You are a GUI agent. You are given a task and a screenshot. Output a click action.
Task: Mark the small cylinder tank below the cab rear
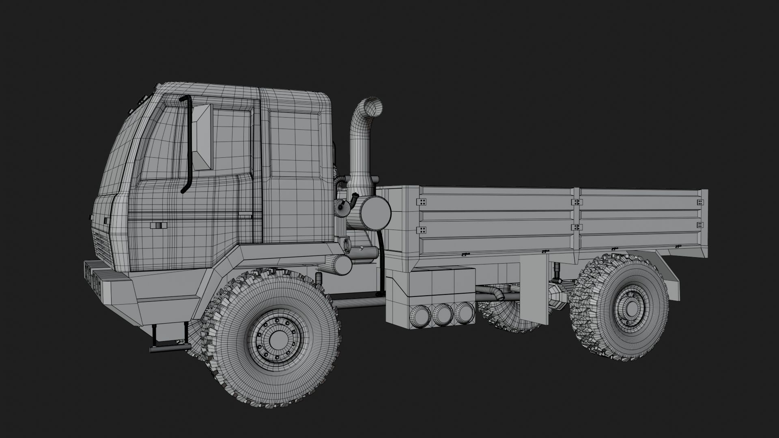pos(336,264)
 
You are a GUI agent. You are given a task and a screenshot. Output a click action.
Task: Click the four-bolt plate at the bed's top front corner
pos(422,202)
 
